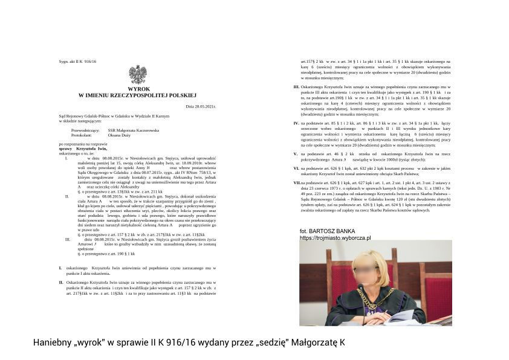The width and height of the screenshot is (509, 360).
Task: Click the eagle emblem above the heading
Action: [137, 74]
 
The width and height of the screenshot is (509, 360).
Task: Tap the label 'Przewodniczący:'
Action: [85, 130]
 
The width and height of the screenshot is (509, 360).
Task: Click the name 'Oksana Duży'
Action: [120, 135]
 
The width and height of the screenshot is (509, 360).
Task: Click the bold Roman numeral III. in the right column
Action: [296, 87]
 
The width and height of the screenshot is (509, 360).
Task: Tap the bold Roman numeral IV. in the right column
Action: [296, 123]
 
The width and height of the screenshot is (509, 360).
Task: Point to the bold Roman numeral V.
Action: [296, 154]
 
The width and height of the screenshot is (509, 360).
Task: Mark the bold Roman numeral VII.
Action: [297, 182]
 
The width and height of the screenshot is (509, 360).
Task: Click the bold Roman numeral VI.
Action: [296, 168]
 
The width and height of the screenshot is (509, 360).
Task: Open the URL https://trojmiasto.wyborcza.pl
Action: [336, 238]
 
